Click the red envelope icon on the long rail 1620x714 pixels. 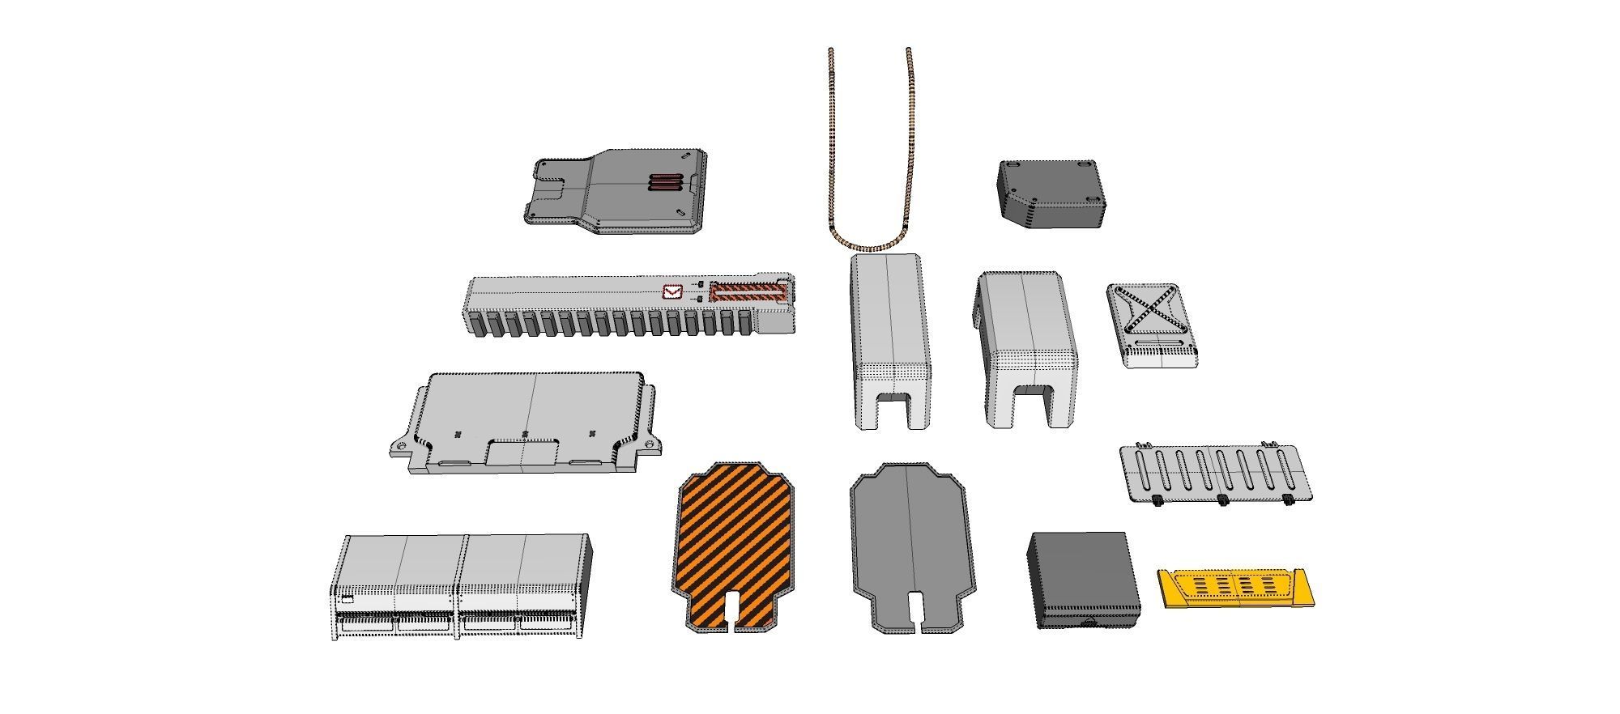click(672, 292)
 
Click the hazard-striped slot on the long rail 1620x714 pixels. click(748, 292)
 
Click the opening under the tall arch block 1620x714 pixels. click(894, 410)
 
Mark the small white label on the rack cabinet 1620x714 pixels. click(347, 599)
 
